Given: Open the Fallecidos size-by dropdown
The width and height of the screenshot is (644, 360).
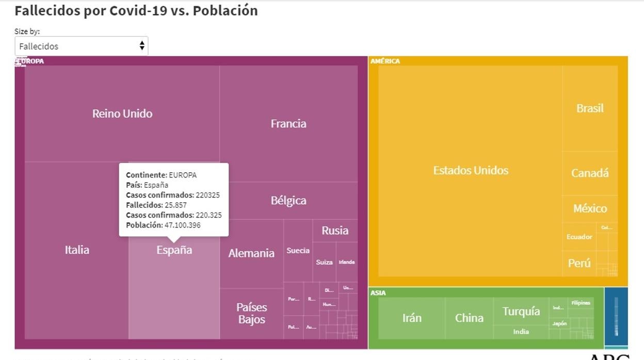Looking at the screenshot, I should click(x=81, y=46).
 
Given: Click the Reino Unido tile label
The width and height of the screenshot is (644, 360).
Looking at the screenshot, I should click(x=122, y=113).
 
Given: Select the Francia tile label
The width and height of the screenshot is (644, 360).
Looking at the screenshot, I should click(x=288, y=124).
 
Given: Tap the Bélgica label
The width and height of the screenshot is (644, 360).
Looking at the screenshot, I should click(x=288, y=201).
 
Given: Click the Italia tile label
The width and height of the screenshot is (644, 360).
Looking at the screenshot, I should click(x=77, y=250).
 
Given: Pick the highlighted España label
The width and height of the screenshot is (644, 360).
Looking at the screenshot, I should click(x=174, y=250).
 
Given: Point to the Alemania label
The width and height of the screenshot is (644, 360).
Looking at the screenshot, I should click(x=251, y=253).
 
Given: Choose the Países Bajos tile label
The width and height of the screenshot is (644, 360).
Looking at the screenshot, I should click(x=251, y=313).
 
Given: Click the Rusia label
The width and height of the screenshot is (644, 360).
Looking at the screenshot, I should click(x=335, y=231).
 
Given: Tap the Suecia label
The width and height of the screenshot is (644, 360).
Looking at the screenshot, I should click(x=298, y=251).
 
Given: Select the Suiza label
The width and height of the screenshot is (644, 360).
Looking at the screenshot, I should click(x=324, y=262).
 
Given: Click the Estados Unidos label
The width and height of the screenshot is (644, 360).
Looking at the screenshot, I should click(x=471, y=170).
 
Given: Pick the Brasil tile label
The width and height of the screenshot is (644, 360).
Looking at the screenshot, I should click(x=590, y=108).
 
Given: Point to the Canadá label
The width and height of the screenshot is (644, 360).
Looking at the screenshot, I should click(x=590, y=173).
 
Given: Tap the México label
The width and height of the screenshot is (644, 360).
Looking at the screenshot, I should click(x=590, y=208).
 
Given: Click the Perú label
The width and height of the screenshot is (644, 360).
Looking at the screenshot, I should click(x=579, y=263).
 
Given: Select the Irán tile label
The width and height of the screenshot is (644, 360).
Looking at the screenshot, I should click(x=412, y=318).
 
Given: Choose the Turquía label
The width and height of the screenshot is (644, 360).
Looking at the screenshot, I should click(x=521, y=311).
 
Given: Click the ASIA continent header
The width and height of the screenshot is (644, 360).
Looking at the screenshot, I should click(x=378, y=293).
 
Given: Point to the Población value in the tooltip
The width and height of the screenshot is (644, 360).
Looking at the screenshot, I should click(x=182, y=225).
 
